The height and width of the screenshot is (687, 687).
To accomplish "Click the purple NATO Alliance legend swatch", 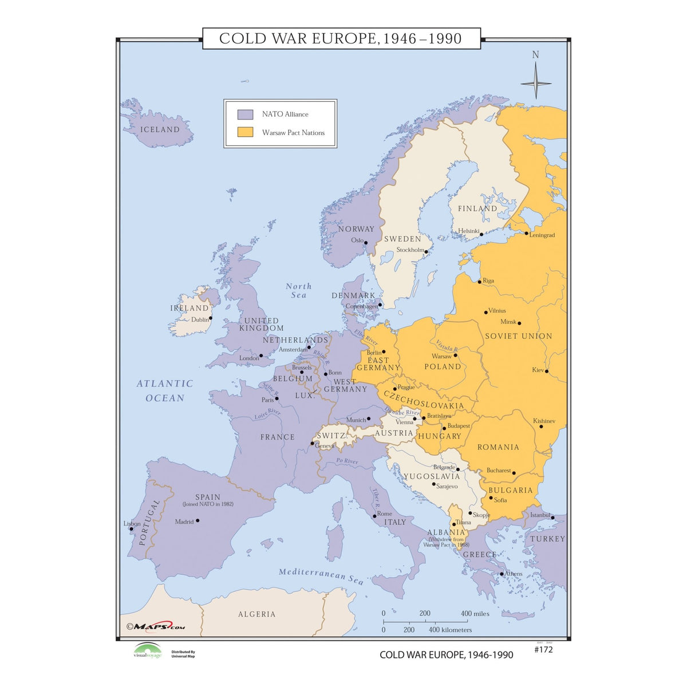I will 245,114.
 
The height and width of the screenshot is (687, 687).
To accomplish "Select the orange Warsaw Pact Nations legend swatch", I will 245,132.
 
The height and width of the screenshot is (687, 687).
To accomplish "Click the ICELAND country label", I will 160,130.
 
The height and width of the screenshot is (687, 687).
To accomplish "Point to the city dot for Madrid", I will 198,520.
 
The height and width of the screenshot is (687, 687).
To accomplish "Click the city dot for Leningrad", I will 527,232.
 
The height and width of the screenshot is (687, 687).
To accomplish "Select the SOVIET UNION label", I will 518,336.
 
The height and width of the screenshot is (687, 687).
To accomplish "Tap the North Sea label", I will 298,290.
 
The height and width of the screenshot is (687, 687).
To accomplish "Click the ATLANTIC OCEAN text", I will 165,390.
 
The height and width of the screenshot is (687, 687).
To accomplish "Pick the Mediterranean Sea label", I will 321,576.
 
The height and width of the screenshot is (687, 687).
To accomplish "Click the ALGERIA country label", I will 256,614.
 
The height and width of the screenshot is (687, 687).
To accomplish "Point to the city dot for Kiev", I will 547,371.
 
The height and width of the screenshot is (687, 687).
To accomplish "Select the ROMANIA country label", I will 498,447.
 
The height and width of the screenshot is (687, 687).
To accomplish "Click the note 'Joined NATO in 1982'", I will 207,504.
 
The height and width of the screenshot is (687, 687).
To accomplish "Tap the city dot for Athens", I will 502,574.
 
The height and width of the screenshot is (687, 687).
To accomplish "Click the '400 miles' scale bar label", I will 475,613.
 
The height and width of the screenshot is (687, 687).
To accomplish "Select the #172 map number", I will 543,649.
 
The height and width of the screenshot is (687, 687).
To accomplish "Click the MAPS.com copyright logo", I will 156,626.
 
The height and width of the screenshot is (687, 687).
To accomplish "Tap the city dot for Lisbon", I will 131,528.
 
